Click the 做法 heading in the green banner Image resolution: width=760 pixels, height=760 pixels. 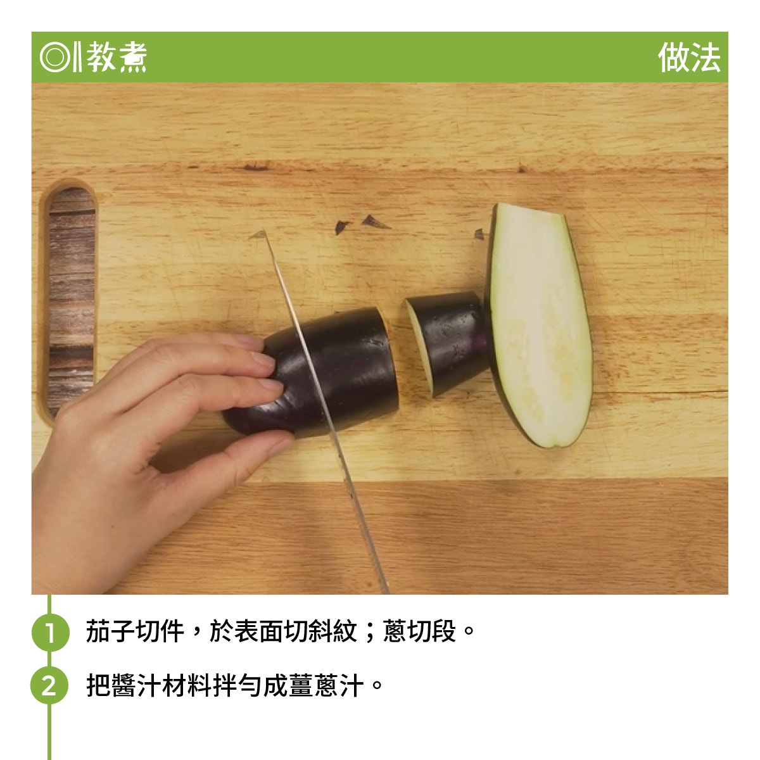[688, 58]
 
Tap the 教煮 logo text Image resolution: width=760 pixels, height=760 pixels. [117, 57]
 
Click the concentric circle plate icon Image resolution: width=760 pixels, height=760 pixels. [54, 58]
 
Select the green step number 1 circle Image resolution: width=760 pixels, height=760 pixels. [50, 632]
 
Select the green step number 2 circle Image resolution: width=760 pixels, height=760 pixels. [49, 685]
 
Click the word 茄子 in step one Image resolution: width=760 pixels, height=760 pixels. [110, 631]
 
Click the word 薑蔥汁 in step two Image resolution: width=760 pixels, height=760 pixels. [326, 685]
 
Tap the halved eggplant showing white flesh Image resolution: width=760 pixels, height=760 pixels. [538, 325]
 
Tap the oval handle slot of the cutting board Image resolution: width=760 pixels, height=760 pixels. [68, 301]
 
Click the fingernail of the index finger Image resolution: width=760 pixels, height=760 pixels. [263, 359]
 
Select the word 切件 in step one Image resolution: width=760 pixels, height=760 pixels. [160, 631]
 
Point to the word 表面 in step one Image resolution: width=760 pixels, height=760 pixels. [258, 631]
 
